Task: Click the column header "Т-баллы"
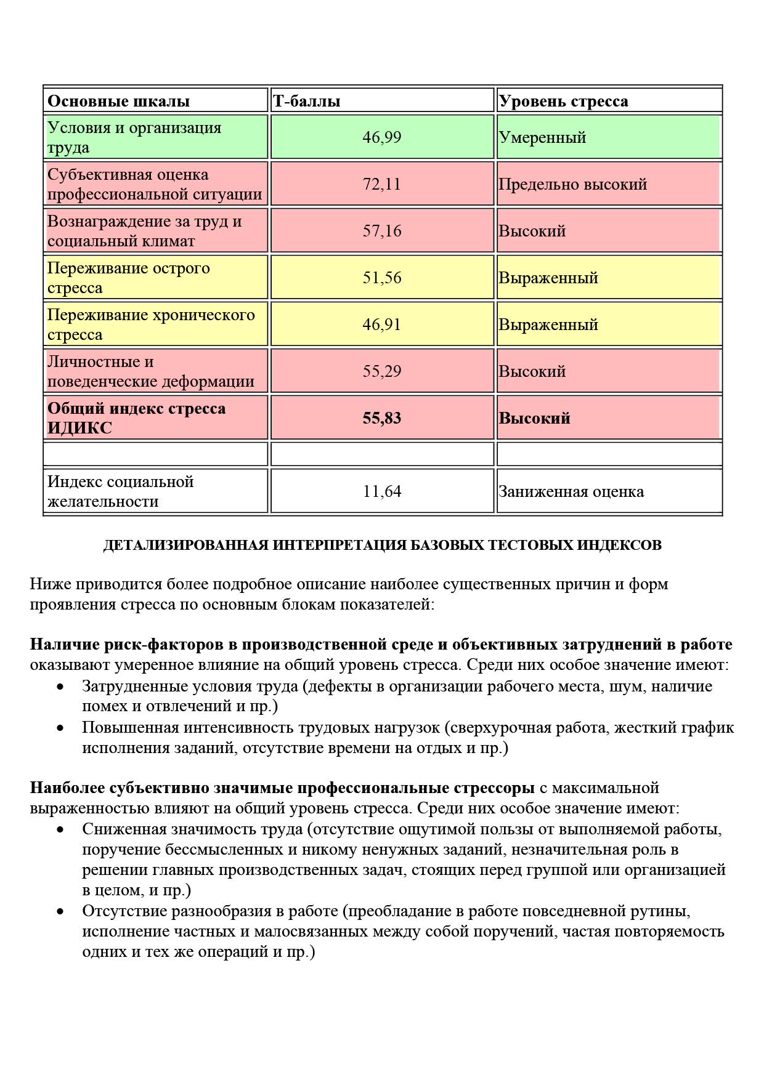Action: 307,101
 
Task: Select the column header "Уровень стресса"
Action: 563,101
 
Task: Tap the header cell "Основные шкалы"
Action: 118,101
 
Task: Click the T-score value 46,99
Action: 382,137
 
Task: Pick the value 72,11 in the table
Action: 382,184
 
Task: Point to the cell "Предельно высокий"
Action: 572,184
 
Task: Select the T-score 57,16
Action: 382,231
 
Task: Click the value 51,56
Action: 382,278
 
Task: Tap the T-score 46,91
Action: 382,324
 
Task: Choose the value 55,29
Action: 382,371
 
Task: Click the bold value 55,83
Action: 382,418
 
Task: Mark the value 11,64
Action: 382,491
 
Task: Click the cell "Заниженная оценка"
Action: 571,491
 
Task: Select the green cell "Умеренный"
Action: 542,137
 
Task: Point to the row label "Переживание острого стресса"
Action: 128,278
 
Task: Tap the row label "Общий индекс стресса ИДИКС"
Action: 136,418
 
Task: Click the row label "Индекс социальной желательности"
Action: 120,491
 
